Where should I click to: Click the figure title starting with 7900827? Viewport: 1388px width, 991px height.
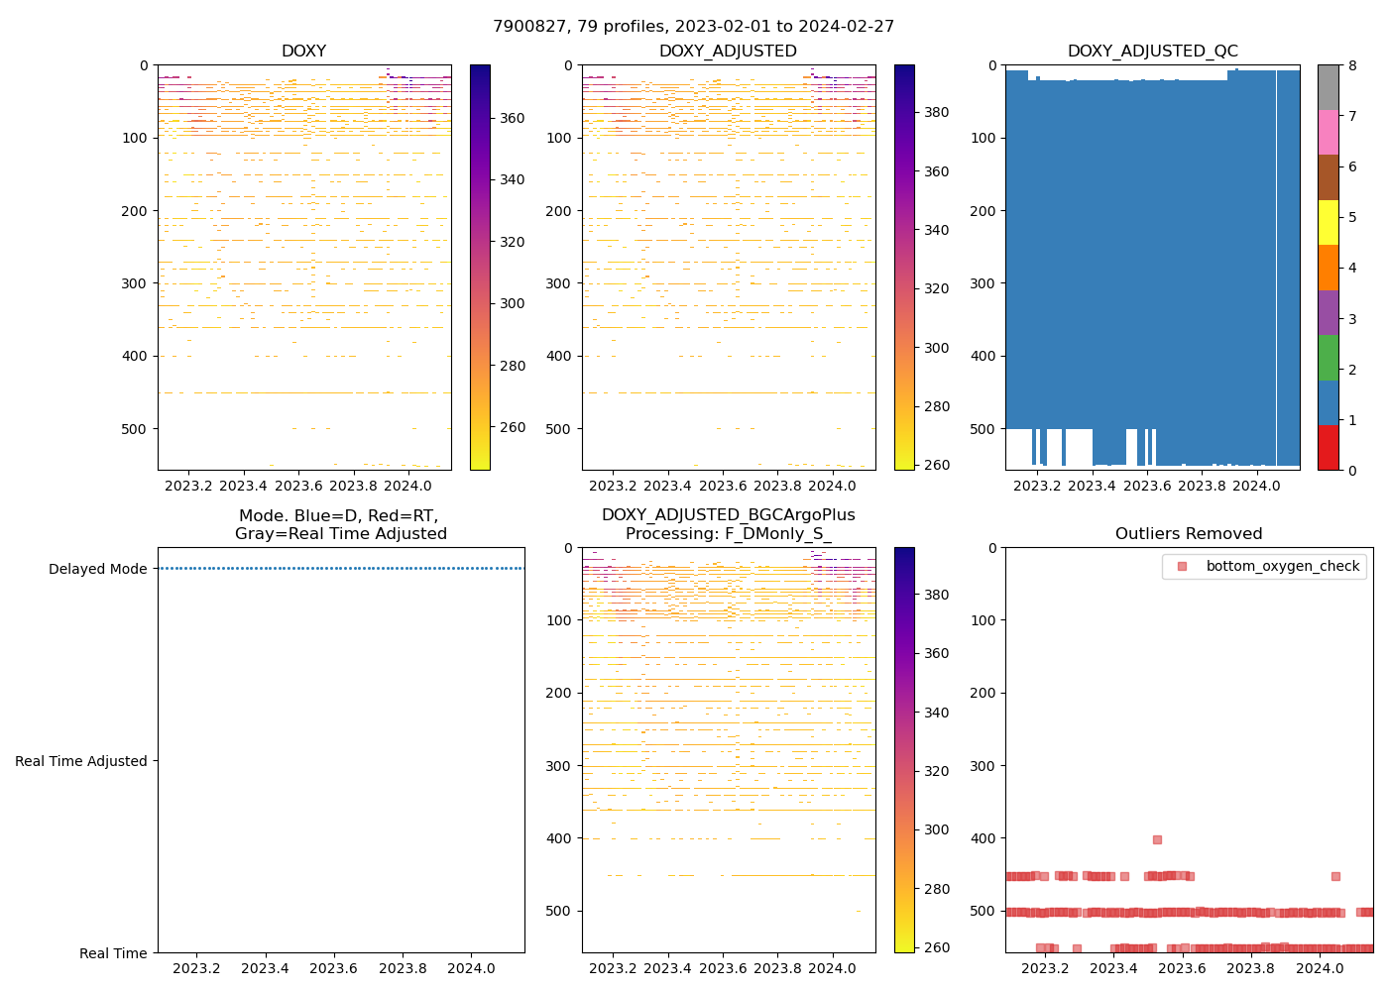click(693, 26)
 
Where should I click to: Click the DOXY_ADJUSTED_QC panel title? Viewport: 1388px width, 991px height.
click(1152, 51)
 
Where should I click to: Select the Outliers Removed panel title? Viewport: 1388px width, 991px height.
click(1189, 533)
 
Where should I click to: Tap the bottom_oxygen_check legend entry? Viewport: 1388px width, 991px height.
click(1282, 566)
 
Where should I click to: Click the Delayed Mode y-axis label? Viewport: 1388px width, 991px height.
click(97, 569)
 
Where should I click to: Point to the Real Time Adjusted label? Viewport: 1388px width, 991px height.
click(81, 761)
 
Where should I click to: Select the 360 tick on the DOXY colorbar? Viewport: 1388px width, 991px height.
click(512, 118)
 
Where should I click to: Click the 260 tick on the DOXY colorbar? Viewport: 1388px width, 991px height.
click(512, 428)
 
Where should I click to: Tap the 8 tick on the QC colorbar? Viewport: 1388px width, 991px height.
click(1351, 66)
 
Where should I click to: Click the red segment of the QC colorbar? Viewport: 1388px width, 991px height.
click(1328, 447)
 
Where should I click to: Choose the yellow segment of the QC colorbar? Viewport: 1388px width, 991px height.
click(1328, 222)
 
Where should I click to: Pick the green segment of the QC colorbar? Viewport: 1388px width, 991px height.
click(1328, 358)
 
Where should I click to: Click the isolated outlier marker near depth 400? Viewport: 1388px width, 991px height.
click(1157, 839)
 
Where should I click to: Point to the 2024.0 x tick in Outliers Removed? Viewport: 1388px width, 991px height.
click(1320, 968)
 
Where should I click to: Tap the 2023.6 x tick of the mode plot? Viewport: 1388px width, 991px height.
click(334, 968)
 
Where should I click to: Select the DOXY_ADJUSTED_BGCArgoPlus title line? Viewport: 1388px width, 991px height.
click(728, 515)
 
